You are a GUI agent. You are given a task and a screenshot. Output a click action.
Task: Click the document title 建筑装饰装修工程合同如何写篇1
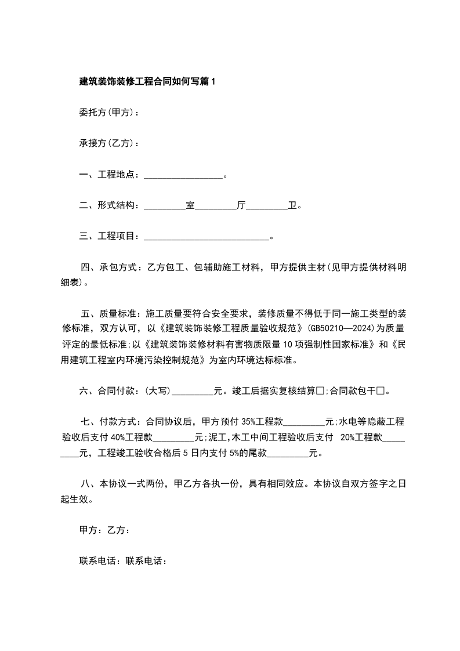pyautogui.click(x=147, y=82)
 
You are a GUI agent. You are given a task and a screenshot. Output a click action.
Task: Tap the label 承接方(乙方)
pyautogui.click(x=107, y=143)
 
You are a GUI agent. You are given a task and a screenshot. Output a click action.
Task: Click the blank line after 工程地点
pyautogui.click(x=183, y=175)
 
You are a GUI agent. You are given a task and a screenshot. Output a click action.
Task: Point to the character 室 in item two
pyautogui.click(x=190, y=205)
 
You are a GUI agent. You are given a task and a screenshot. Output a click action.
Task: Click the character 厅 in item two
pyautogui.click(x=241, y=205)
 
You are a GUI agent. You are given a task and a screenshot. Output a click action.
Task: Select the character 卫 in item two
pyautogui.click(x=292, y=205)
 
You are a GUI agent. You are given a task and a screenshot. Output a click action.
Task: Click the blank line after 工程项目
pyautogui.click(x=206, y=236)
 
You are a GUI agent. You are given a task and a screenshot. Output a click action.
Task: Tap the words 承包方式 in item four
pyautogui.click(x=119, y=267)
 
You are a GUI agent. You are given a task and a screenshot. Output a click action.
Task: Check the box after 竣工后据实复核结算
pyautogui.click(x=320, y=391)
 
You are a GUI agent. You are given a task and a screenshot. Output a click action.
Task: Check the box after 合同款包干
pyautogui.click(x=381, y=391)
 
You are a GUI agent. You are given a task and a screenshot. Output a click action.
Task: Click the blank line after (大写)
pyautogui.click(x=193, y=391)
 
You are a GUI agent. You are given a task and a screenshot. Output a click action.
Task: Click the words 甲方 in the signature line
pyautogui.click(x=88, y=530)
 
